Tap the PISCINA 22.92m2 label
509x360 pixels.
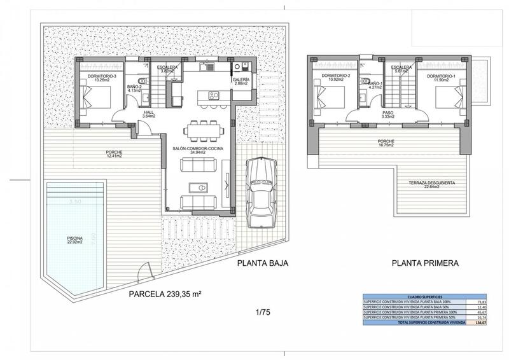coord(76,241)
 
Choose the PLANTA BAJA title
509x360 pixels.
coord(263,263)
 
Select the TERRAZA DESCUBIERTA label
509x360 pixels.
coord(433,184)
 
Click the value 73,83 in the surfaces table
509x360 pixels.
coord(477,302)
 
